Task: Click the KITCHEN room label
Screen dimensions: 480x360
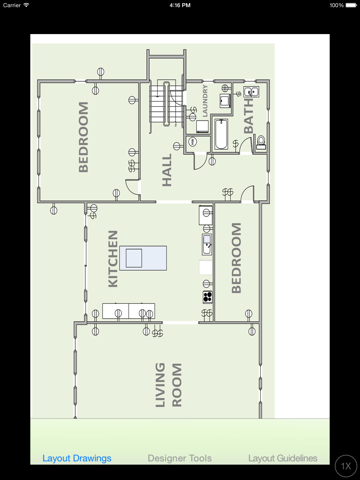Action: (x=113, y=259)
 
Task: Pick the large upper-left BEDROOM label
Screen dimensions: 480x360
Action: (x=83, y=137)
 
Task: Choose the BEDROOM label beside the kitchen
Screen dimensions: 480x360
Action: (x=237, y=258)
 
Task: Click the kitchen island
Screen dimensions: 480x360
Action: (x=148, y=257)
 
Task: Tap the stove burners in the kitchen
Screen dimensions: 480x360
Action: (x=207, y=296)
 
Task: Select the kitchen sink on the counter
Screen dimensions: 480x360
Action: (x=207, y=241)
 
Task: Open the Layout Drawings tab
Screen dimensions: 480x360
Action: (x=77, y=458)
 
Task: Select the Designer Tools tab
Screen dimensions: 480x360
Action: (x=180, y=458)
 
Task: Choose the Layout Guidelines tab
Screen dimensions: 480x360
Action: (x=283, y=458)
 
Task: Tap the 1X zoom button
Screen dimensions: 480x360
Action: (x=344, y=465)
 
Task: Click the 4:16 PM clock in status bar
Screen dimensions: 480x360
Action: (x=180, y=5)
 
